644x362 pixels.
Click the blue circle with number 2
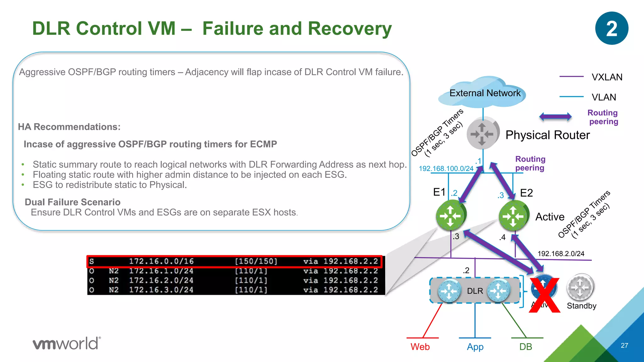pos(612,28)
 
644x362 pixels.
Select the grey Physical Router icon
pos(482,134)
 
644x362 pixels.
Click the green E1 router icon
pos(450,216)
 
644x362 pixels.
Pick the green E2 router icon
pos(513,216)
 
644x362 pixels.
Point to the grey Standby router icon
pos(580,287)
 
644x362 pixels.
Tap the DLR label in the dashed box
pos(475,291)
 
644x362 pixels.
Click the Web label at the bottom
pos(420,347)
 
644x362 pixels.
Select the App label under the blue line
pos(475,347)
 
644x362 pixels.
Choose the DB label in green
pos(525,347)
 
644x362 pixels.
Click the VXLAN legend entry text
pos(607,77)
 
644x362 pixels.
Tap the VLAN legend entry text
pos(604,97)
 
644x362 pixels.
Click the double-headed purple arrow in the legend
pos(555,117)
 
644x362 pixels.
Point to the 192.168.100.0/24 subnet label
pos(446,168)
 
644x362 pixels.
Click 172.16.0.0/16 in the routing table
pos(161,261)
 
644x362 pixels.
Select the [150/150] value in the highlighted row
pos(256,261)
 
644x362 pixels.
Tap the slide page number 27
pos(625,345)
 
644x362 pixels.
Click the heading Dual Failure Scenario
pos(73,202)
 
